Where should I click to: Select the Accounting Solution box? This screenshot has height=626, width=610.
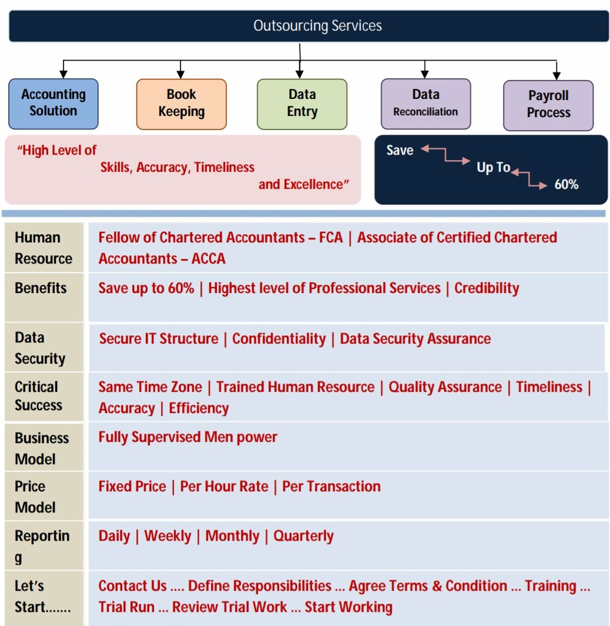tap(53, 104)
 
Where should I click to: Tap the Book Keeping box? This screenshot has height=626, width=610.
tap(181, 104)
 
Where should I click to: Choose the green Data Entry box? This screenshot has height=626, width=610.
tap(302, 104)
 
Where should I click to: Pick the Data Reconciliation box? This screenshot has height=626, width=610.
tap(425, 104)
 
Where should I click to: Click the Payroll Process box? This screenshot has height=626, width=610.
tap(548, 105)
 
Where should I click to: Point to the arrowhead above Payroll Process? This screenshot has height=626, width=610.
tap(557, 75)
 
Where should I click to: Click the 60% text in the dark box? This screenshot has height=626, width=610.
tap(566, 185)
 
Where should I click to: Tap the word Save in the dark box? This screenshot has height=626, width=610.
tap(400, 151)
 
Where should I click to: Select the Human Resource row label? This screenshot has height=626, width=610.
tap(43, 248)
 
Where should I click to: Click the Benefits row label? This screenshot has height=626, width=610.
tap(41, 288)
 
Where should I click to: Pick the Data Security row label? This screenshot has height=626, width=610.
tap(39, 348)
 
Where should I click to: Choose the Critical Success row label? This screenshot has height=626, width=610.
tap(38, 396)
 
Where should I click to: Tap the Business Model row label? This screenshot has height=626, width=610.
tap(41, 448)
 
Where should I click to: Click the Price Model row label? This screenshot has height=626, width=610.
tap(35, 497)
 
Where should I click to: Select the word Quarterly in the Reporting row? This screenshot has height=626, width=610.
tap(303, 536)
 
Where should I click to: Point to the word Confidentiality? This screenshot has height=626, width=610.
tap(279, 339)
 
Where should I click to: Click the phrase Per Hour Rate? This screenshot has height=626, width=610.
tap(224, 487)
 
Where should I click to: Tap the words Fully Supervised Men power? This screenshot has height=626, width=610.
tap(187, 437)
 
